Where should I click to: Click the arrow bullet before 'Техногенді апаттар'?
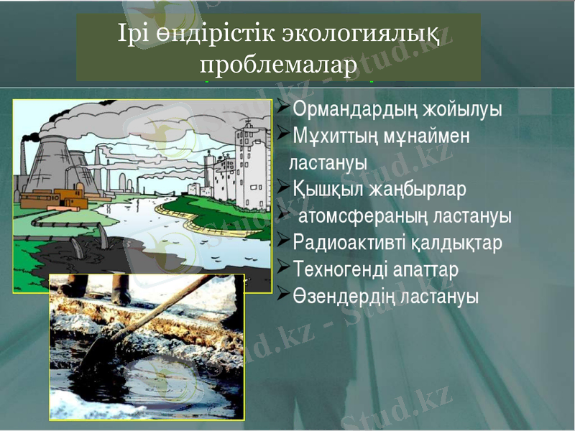283,267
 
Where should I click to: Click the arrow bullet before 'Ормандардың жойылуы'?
283,109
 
